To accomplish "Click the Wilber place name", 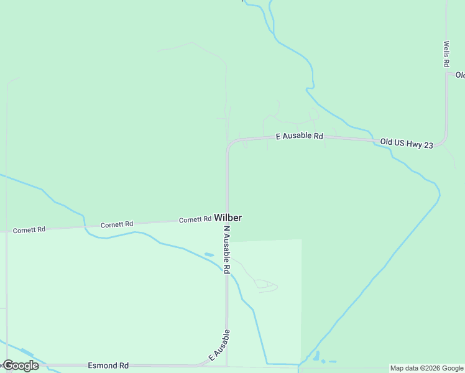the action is click(228, 218).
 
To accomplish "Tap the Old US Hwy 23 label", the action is click(406, 143).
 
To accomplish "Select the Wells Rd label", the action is click(446, 54).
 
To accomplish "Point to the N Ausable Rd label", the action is click(227, 250).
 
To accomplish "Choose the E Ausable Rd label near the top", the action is click(300, 136).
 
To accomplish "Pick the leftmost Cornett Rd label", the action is click(29, 229).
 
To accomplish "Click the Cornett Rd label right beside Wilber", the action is click(195, 219).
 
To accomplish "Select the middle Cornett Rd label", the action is click(117, 224).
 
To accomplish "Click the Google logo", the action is click(21, 366).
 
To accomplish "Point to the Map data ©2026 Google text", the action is click(427, 368).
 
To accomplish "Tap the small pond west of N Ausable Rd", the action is click(209, 254).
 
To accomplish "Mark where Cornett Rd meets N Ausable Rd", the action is click(227, 219).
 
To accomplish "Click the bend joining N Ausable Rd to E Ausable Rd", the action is click(230, 144).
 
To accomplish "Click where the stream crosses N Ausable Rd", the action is click(227, 272).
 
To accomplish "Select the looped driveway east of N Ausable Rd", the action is click(265, 285).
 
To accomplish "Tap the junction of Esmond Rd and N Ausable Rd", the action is click(227, 366).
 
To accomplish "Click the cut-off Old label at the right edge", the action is click(460, 75).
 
